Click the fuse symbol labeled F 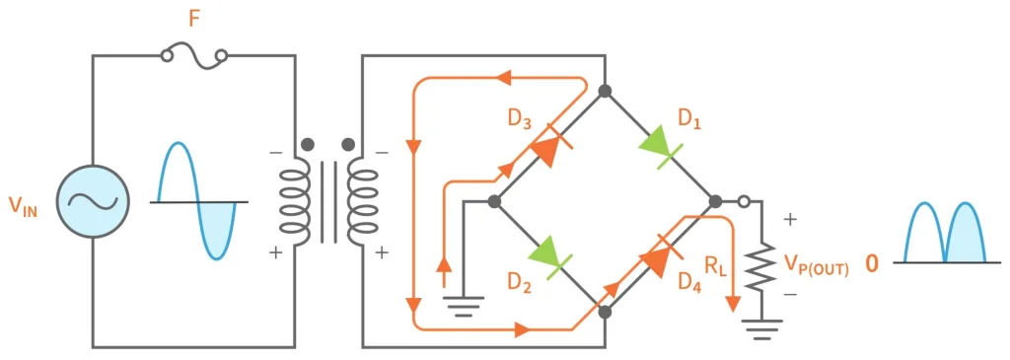[194, 57]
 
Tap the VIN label [24, 206]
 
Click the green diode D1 [657, 146]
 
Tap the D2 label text [520, 283]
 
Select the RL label [717, 264]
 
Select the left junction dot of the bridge [495, 202]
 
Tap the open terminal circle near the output [746, 202]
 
